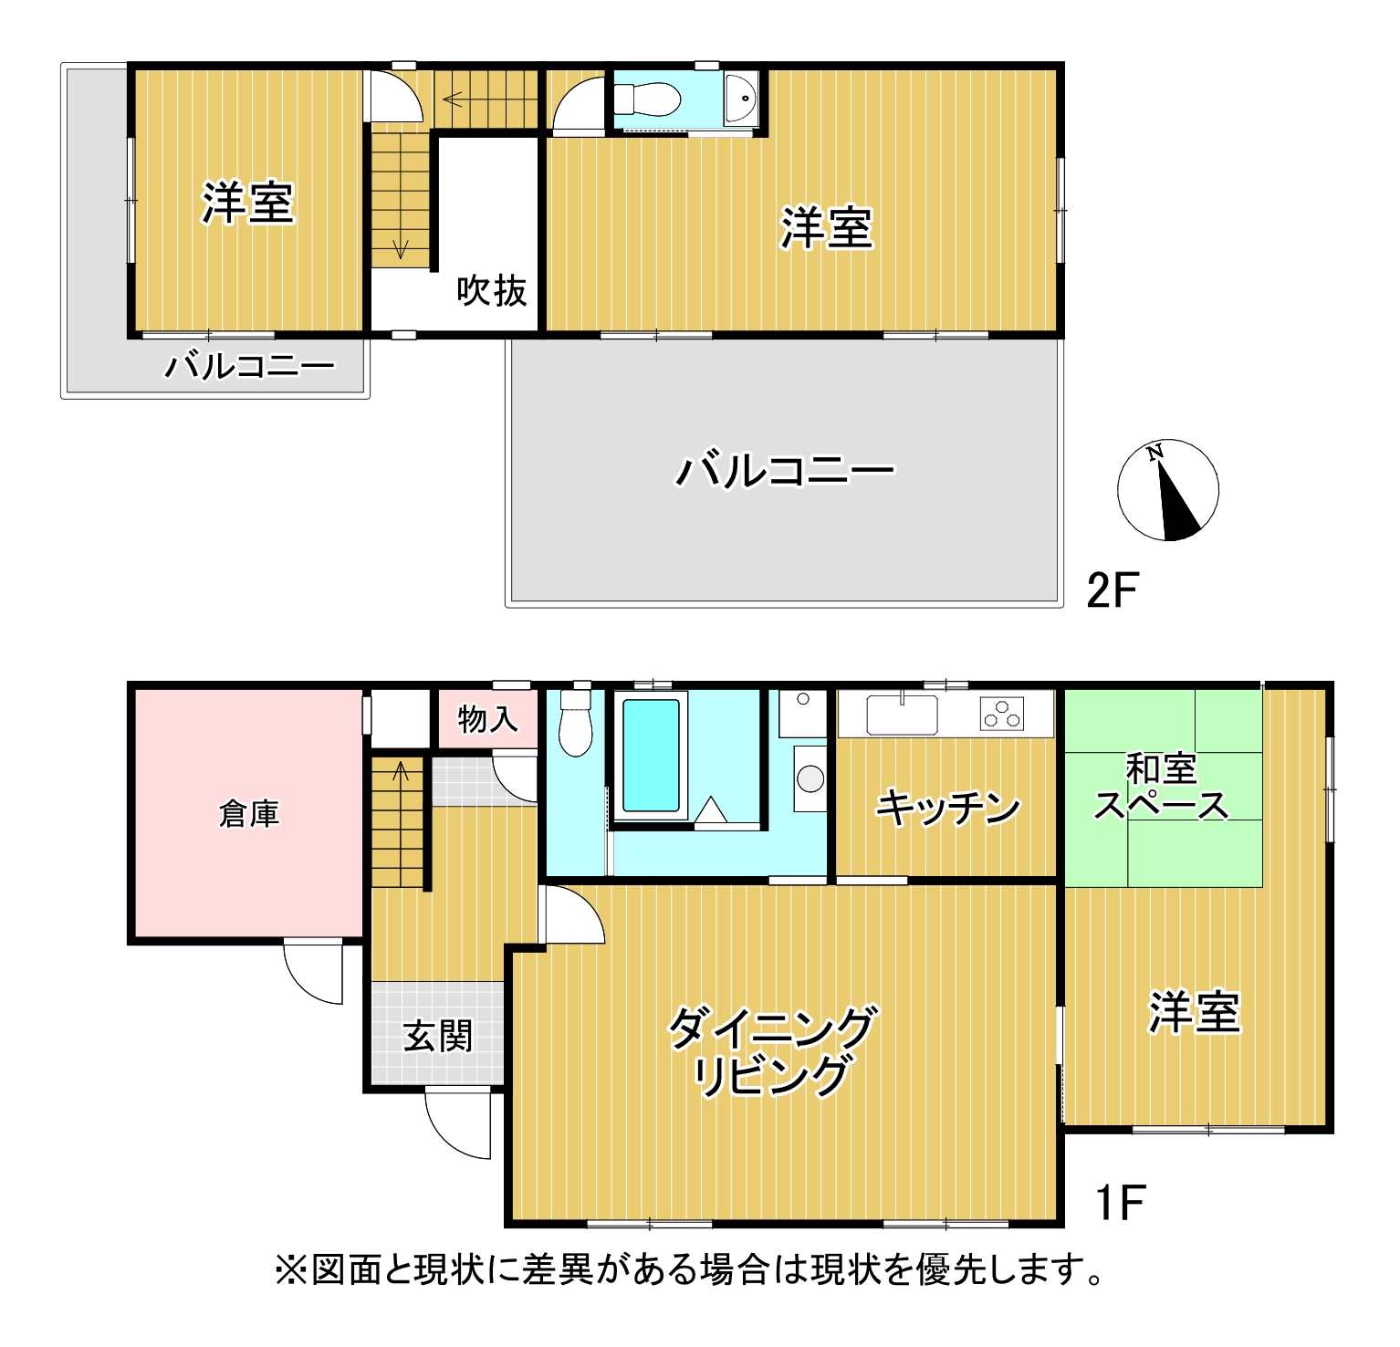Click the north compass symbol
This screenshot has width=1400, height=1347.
1167,490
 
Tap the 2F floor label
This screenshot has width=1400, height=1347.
1113,590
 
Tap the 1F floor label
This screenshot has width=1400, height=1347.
1119,1202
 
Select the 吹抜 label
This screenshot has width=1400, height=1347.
492,290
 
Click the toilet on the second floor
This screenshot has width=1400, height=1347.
646,98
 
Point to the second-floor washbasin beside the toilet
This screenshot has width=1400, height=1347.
741,99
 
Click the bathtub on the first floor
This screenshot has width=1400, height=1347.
651,755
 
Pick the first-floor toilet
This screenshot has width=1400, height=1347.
576,722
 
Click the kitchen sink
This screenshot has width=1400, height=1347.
902,714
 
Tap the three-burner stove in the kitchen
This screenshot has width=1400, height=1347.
1002,714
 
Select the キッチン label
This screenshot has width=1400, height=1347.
947,807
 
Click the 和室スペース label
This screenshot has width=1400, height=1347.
1161,787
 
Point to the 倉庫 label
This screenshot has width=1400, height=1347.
249,813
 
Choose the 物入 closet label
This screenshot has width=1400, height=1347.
487,719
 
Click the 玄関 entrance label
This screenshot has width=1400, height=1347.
438,1036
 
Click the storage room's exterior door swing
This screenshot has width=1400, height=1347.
313,971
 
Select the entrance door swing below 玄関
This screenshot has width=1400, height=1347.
458,1124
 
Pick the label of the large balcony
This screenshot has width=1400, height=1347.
785,471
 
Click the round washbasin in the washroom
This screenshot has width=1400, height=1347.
810,778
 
